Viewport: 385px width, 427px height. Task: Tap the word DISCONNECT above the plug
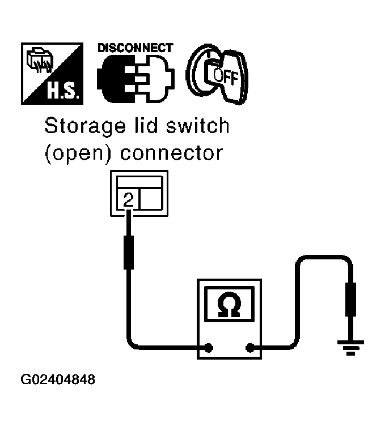135,48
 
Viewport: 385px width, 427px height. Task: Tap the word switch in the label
197,126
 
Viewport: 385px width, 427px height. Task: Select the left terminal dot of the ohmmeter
209,348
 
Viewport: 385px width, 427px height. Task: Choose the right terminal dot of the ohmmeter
249,348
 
